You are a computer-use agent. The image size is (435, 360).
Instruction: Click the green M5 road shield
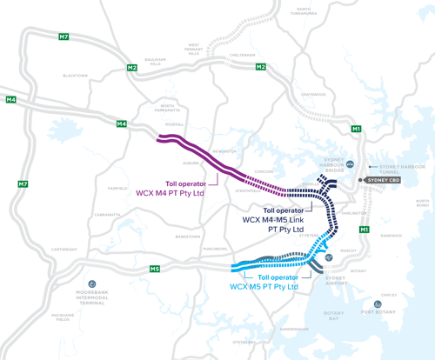(x=154, y=269)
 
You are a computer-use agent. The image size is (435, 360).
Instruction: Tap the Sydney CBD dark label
(x=382, y=180)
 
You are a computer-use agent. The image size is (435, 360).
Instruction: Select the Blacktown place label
(x=76, y=76)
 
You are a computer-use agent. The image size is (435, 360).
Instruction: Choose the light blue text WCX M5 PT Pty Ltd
(x=264, y=286)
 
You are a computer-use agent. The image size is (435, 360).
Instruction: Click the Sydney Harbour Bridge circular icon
(x=350, y=163)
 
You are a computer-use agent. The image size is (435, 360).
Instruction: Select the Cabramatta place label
(x=109, y=214)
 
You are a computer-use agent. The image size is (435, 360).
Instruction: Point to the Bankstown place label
(x=187, y=236)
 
